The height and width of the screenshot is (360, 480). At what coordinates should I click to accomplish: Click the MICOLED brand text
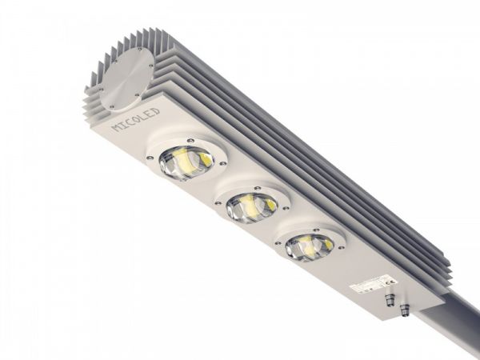click(134, 118)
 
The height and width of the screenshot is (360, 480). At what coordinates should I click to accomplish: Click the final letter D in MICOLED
click(157, 110)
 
